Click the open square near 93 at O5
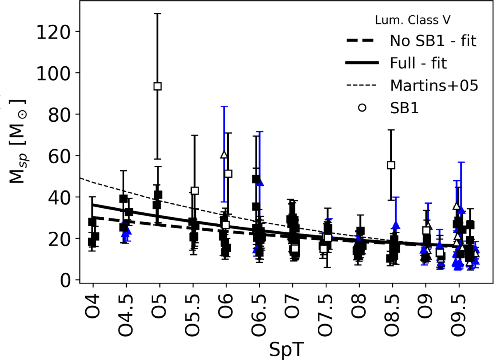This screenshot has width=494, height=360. [157, 86]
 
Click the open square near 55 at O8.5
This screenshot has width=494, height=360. [391, 165]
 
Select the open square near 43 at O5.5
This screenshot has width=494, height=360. [195, 190]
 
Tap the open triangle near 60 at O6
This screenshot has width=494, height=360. [224, 155]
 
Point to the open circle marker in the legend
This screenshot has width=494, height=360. [362, 108]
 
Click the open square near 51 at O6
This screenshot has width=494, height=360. [228, 174]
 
